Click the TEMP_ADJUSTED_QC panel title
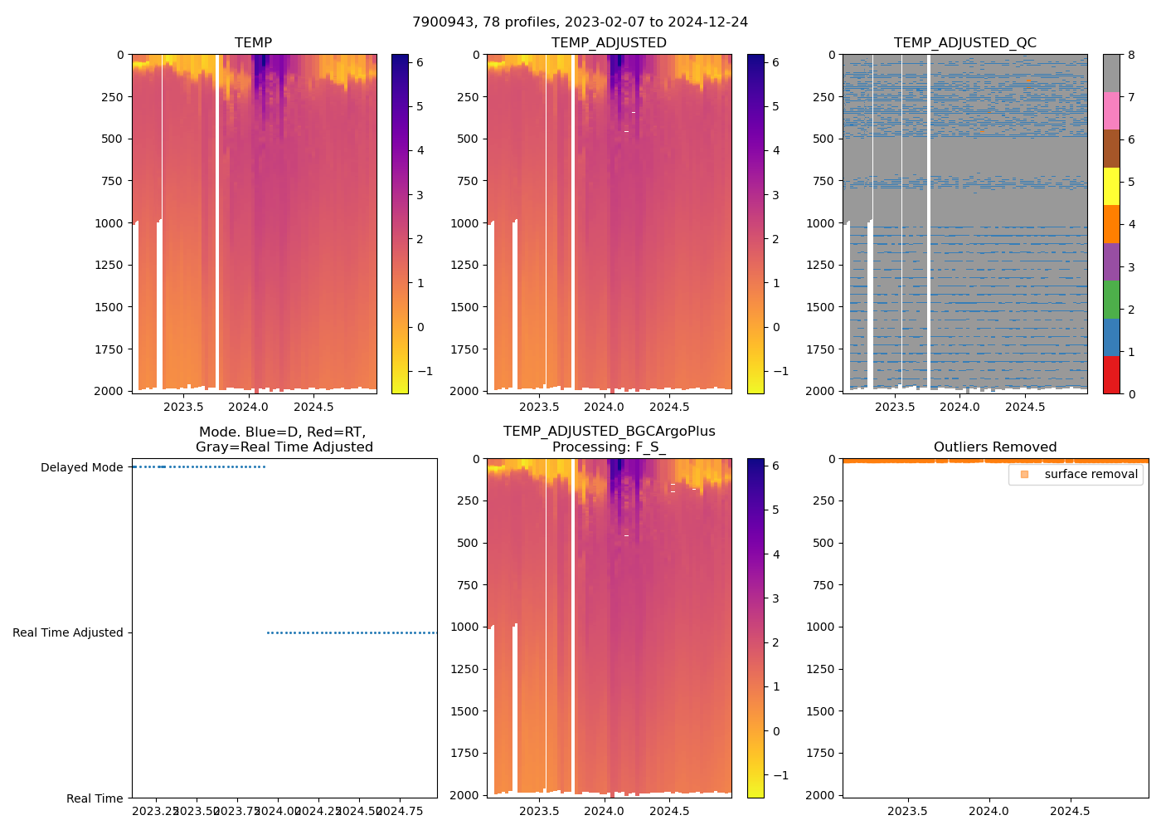(964, 42)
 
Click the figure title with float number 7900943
(580, 22)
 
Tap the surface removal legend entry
(1091, 474)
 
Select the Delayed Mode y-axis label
(82, 467)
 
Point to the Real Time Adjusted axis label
(68, 632)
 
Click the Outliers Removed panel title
(995, 447)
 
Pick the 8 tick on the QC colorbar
(1131, 55)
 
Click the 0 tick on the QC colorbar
(1131, 393)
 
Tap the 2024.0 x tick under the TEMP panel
(248, 407)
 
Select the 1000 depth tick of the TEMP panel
(109, 223)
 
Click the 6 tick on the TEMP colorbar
(420, 62)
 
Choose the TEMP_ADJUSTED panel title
(609, 42)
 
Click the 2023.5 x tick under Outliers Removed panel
(907, 811)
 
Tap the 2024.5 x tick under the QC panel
(1025, 407)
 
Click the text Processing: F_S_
(609, 447)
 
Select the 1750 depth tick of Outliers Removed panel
(820, 753)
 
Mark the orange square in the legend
(1024, 474)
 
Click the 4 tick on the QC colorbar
(1131, 224)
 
